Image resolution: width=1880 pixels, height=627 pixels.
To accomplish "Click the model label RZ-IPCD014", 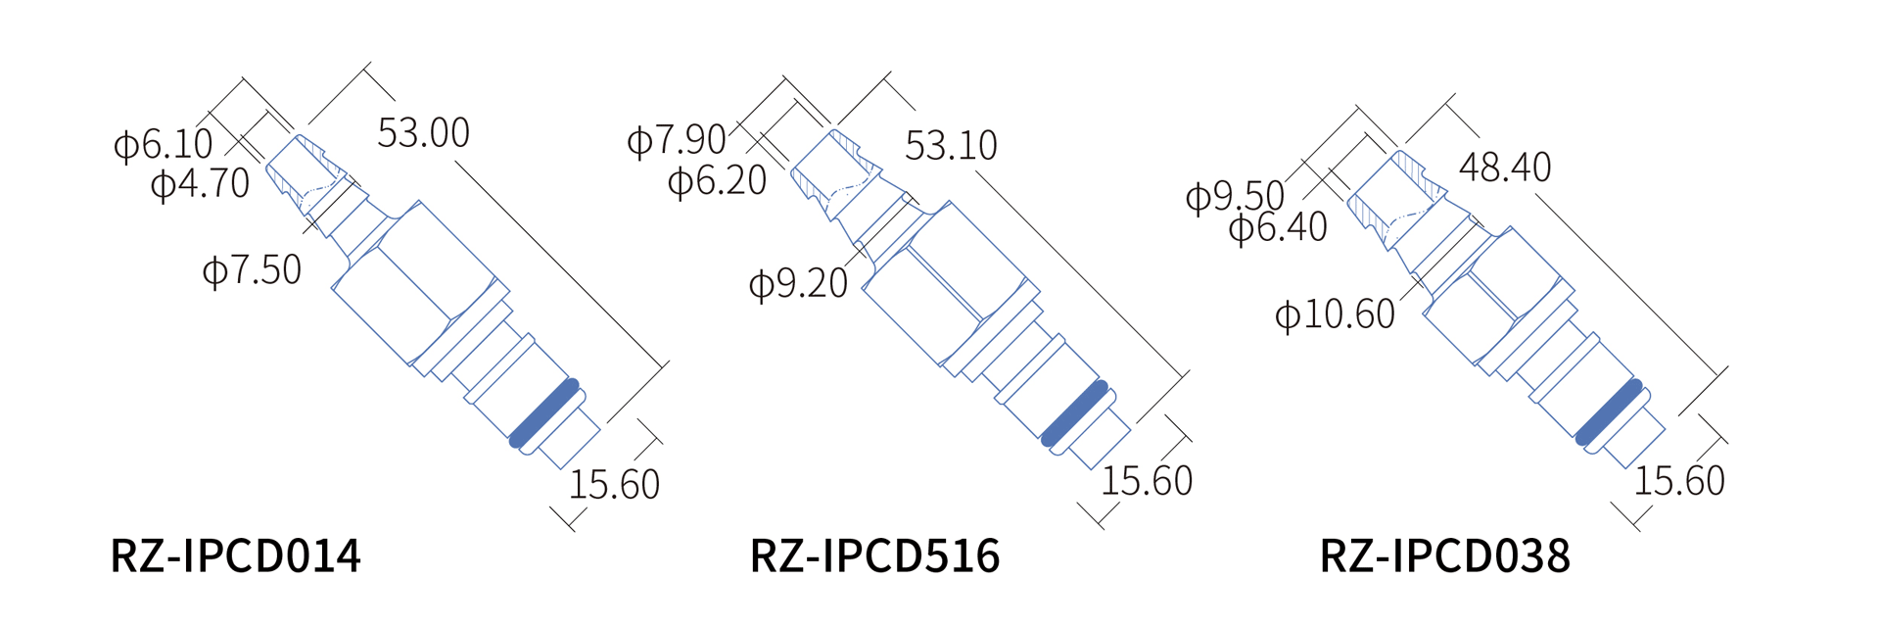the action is coord(236,555).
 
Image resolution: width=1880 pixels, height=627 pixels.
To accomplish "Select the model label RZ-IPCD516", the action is coord(874,555).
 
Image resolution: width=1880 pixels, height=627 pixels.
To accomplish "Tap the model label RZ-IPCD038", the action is coord(1445,555).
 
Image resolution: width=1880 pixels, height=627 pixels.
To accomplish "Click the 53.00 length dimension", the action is coord(424,133).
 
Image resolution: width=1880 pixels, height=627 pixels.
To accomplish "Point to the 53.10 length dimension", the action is coord(951,146).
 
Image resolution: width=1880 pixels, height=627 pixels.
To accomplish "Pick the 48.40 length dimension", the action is coord(1505,168).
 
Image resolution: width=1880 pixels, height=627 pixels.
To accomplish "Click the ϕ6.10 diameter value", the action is coord(164,145).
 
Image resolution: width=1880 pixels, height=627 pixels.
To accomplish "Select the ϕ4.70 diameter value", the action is coord(201,183).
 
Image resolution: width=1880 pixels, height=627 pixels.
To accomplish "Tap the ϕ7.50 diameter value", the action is coord(252,270).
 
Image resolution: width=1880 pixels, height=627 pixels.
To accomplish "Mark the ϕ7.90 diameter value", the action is coord(677,140).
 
